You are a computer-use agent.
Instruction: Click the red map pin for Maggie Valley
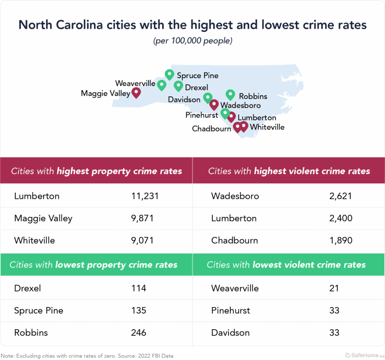[136, 92]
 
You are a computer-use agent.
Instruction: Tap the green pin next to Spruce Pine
[169, 74]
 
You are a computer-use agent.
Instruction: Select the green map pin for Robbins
[230, 95]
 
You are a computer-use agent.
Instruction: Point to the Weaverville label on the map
[135, 83]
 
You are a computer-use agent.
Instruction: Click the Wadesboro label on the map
[240, 105]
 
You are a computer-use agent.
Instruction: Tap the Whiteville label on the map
[267, 127]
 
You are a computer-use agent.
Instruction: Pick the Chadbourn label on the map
[212, 129]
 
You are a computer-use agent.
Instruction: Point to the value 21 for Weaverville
[334, 288]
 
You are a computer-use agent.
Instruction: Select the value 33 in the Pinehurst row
[334, 310]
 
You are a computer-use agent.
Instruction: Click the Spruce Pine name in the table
[38, 310]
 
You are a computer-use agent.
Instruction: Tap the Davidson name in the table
[230, 332]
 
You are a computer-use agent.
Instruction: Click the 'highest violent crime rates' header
[289, 171]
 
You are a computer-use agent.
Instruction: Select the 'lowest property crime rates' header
[94, 265]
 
